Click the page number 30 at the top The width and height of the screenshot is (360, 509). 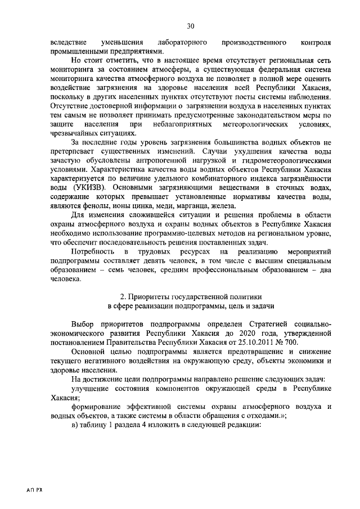190,26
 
